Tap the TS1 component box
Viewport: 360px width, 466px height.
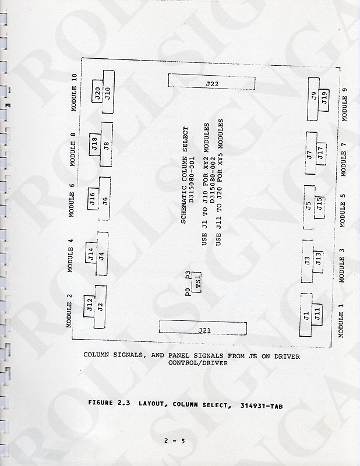coord(198,283)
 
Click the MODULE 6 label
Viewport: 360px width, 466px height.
coord(71,200)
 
